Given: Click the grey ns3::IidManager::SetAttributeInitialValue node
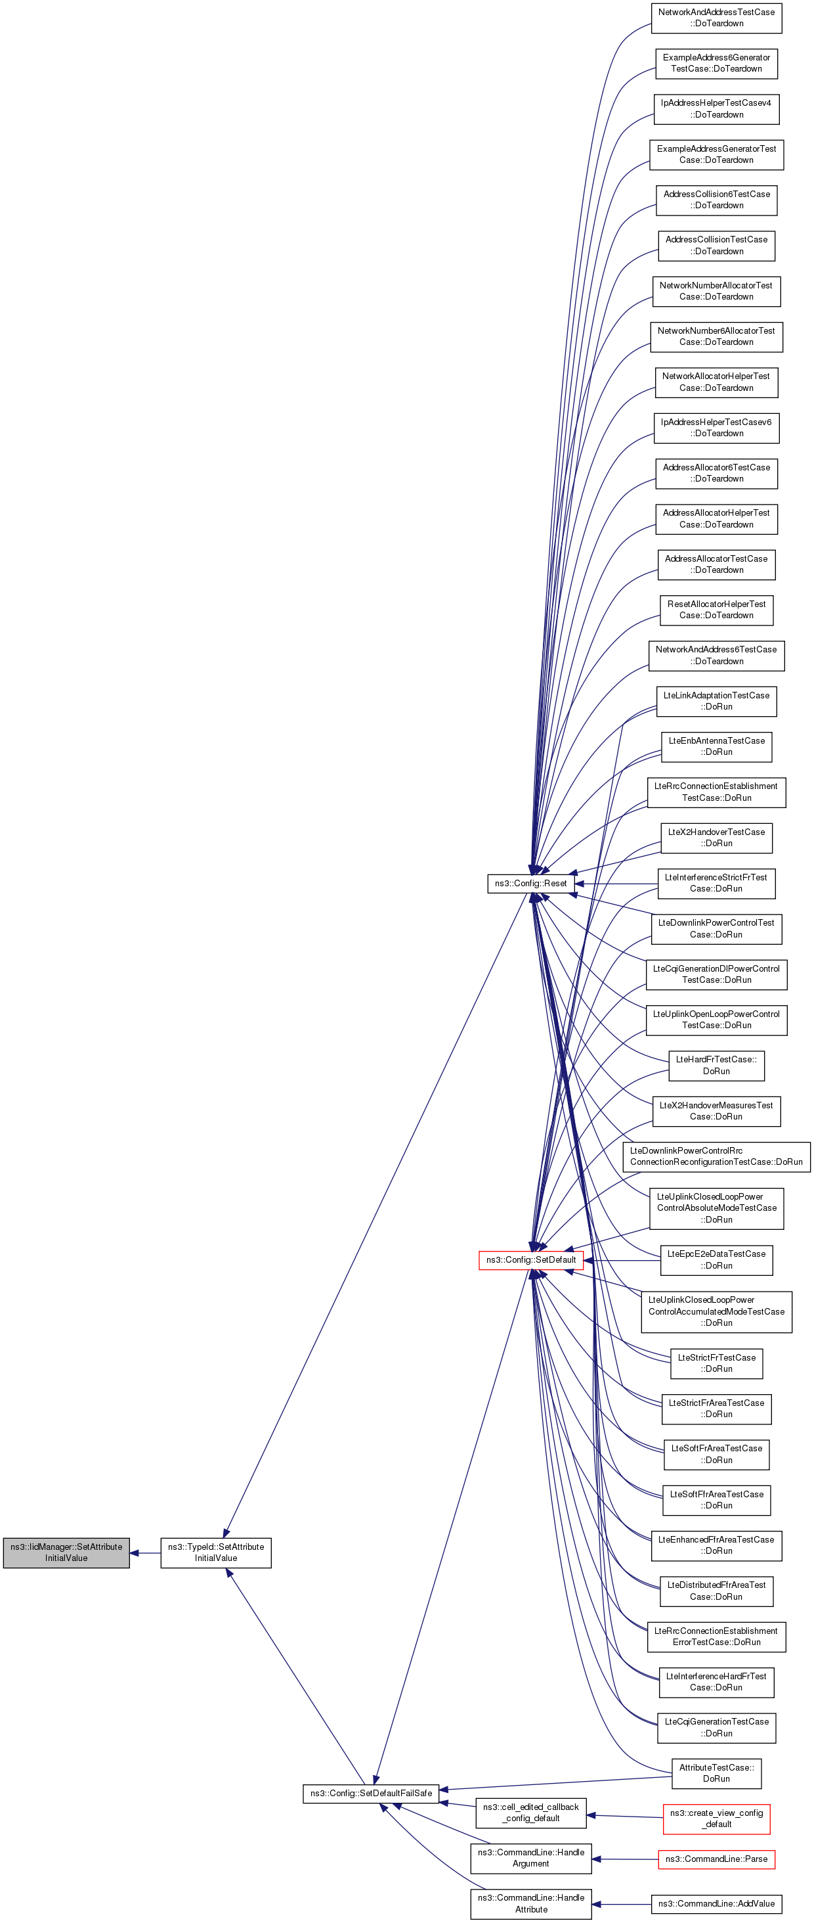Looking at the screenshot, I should pyautogui.click(x=66, y=1552).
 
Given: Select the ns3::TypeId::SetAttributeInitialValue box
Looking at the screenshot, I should pyautogui.click(x=215, y=1552).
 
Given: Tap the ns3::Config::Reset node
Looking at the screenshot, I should pyautogui.click(x=530, y=883).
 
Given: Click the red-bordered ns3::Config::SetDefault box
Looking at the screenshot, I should pyautogui.click(x=530, y=1260).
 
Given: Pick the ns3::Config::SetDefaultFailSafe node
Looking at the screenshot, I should pyautogui.click(x=371, y=1793).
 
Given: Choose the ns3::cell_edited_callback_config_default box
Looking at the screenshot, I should pyautogui.click(x=530, y=1813).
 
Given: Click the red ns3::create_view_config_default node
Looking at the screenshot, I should pyautogui.click(x=716, y=1819).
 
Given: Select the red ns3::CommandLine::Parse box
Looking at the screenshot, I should pyautogui.click(x=716, y=1859).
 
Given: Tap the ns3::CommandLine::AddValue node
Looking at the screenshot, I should pyautogui.click(x=716, y=1903).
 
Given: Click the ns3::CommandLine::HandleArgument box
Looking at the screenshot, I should pyautogui.click(x=530, y=1858).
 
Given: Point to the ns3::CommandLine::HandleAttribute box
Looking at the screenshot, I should pyautogui.click(x=530, y=1903).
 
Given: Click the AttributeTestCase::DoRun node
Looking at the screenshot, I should pyautogui.click(x=716, y=1773).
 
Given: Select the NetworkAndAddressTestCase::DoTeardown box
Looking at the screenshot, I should pyautogui.click(x=716, y=18).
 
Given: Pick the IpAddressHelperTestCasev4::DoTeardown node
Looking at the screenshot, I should pyautogui.click(x=716, y=109).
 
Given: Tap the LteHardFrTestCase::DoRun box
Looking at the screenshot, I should pyautogui.click(x=716, y=1065).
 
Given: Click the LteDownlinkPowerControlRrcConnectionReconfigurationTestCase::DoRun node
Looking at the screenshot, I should pyautogui.click(x=716, y=1156).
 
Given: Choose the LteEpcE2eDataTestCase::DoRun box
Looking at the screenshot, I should pyautogui.click(x=716, y=1260).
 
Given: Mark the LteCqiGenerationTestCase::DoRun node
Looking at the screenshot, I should pyautogui.click(x=716, y=1727).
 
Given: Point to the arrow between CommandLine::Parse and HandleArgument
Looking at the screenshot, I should pyautogui.click(x=625, y=1859).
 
